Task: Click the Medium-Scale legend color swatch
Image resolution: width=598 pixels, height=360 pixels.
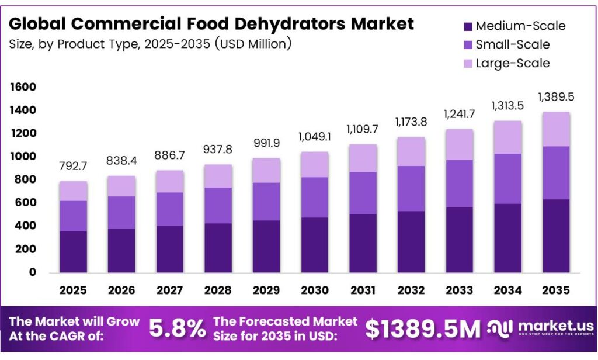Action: pos(467,26)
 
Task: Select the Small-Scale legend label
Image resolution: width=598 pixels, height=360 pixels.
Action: pos(512,44)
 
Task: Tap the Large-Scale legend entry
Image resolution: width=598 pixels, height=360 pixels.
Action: pos(512,63)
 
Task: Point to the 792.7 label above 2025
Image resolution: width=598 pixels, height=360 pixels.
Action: pos(74,167)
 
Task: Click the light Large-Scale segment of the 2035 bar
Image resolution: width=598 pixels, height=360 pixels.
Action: pos(556,129)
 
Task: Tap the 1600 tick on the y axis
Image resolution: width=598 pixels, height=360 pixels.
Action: pos(23,87)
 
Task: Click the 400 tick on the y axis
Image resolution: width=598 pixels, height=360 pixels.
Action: pos(26,226)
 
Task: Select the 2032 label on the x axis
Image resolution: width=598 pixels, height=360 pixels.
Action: pos(412,290)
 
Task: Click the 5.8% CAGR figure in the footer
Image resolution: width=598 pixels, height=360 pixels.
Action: pos(178,329)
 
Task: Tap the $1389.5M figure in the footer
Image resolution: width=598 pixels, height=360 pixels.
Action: pos(420,329)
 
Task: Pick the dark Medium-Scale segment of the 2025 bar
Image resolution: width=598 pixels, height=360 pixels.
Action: pos(74,251)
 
